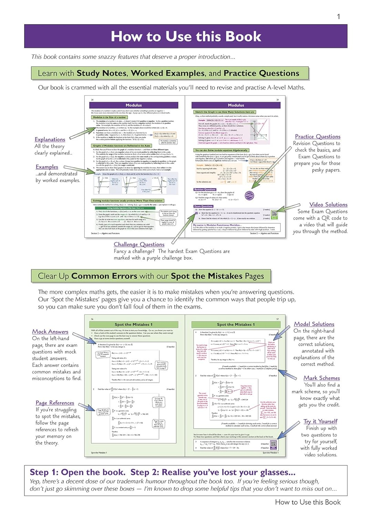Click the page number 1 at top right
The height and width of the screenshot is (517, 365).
(x=338, y=17)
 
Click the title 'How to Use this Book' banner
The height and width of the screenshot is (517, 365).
(x=186, y=36)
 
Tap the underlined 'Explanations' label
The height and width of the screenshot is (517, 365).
(x=50, y=139)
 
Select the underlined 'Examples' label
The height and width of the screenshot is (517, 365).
(x=47, y=167)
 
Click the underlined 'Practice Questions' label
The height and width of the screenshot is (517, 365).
(x=317, y=136)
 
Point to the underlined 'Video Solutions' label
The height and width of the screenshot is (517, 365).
(x=328, y=204)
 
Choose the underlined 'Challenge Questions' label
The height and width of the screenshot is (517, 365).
(x=139, y=244)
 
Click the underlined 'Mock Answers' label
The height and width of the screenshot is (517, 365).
(x=50, y=332)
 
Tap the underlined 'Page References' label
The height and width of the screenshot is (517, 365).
(x=55, y=403)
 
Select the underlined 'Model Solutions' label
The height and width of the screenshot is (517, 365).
(x=314, y=324)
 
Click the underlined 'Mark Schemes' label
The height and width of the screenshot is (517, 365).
(x=322, y=378)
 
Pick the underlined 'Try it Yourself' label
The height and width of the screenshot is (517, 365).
(x=320, y=421)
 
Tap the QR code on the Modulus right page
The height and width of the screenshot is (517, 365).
(x=274, y=214)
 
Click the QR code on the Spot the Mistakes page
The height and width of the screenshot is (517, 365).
(x=273, y=444)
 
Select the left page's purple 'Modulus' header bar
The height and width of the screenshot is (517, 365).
(x=134, y=105)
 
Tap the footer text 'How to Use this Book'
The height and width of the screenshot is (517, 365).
(x=307, y=502)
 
